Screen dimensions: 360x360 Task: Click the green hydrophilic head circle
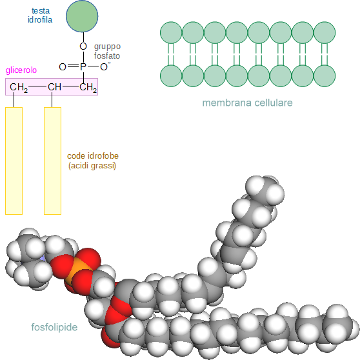pyautogui.click(x=82, y=16)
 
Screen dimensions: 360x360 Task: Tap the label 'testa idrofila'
pyautogui.click(x=40, y=15)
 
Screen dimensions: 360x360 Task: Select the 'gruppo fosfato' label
pyautogui.click(x=107, y=51)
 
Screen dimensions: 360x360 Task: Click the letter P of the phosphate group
pyautogui.click(x=83, y=67)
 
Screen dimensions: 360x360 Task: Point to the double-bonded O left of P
pyautogui.click(x=63, y=67)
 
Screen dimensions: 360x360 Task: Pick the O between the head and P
pyautogui.click(x=83, y=46)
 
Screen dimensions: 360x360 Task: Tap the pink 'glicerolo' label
pyautogui.click(x=21, y=70)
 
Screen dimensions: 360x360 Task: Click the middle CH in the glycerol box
pyautogui.click(x=54, y=87)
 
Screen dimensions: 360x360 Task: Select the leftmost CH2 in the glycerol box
pyautogui.click(x=19, y=88)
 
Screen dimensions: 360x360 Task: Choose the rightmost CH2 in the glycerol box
pyautogui.click(x=88, y=88)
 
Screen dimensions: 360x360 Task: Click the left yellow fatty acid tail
pyautogui.click(x=14, y=161)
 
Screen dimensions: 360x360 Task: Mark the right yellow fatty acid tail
pyautogui.click(x=52, y=161)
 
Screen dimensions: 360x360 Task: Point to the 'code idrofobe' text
pyautogui.click(x=93, y=156)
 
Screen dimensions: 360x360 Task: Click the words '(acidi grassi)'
pyautogui.click(x=92, y=166)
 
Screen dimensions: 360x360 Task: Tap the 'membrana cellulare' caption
pyautogui.click(x=247, y=103)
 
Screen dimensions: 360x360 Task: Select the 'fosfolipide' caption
pyautogui.click(x=54, y=327)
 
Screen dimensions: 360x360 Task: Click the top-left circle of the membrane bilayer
pyautogui.click(x=171, y=33)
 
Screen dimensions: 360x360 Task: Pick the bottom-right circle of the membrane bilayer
pyautogui.click(x=325, y=75)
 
